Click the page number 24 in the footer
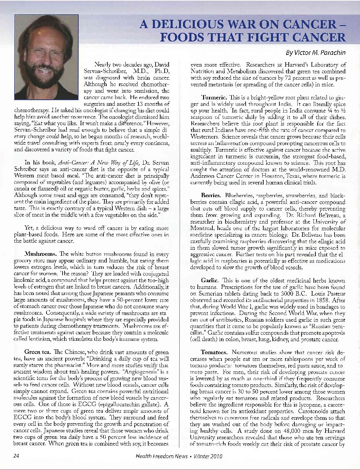coord(16,456)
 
